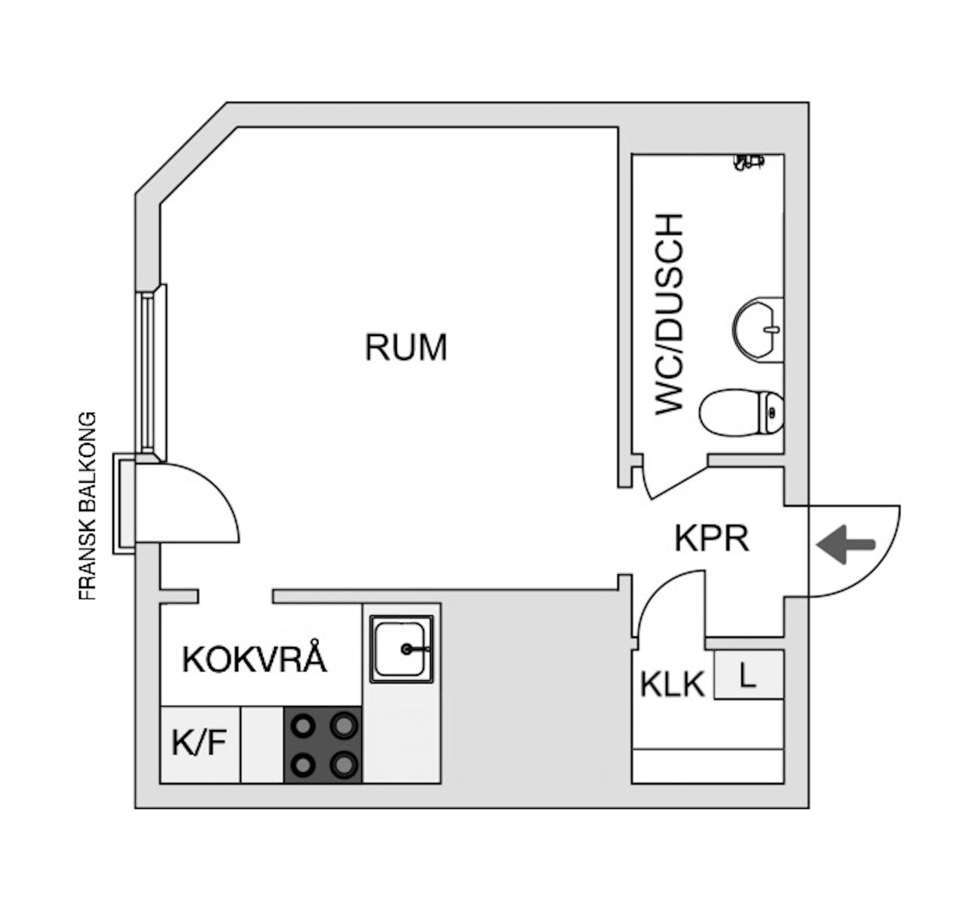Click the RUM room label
[x=406, y=347]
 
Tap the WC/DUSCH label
[x=670, y=314]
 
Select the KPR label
[x=711, y=538]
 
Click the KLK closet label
[x=672, y=684]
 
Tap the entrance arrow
[x=846, y=545]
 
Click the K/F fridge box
[x=200, y=744]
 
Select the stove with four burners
[x=323, y=745]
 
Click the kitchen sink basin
[x=401, y=649]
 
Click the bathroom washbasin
[x=757, y=329]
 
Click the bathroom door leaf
[x=679, y=483]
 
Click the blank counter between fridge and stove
[x=262, y=745]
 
